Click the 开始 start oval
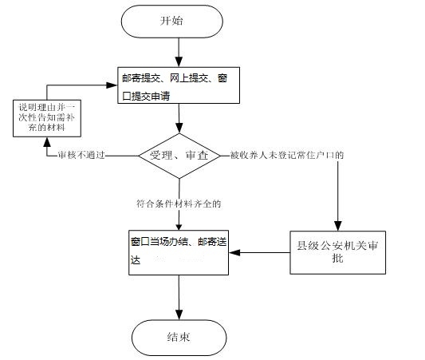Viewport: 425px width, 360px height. tap(172, 22)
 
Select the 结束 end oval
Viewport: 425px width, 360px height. tap(179, 338)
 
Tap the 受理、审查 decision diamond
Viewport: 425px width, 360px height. tap(179, 156)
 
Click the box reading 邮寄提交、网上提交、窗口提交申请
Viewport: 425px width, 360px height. tap(179, 85)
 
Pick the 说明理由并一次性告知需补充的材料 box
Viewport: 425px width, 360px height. tap(47, 118)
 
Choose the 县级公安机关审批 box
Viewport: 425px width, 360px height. tap(338, 252)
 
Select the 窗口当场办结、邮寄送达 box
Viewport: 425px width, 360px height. tap(179, 252)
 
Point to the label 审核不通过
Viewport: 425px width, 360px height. tap(81, 155)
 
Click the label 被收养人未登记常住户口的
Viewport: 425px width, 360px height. tap(287, 155)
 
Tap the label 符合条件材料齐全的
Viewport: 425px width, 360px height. tap(179, 204)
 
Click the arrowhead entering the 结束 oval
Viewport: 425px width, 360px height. tap(179, 315)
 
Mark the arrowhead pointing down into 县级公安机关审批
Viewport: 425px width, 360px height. tap(338, 226)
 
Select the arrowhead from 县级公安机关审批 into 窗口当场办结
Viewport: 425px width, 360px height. tap(234, 252)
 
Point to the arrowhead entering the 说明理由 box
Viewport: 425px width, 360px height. tap(47, 142)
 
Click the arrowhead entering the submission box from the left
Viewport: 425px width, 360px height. tap(112, 85)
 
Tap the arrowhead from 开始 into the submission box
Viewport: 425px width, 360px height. tap(179, 61)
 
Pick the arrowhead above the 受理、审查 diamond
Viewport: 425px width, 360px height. tap(179, 128)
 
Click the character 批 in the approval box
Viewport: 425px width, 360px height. tap(337, 258)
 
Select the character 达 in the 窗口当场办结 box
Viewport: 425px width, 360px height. tap(136, 259)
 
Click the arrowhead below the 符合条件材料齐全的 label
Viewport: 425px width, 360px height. tap(179, 227)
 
